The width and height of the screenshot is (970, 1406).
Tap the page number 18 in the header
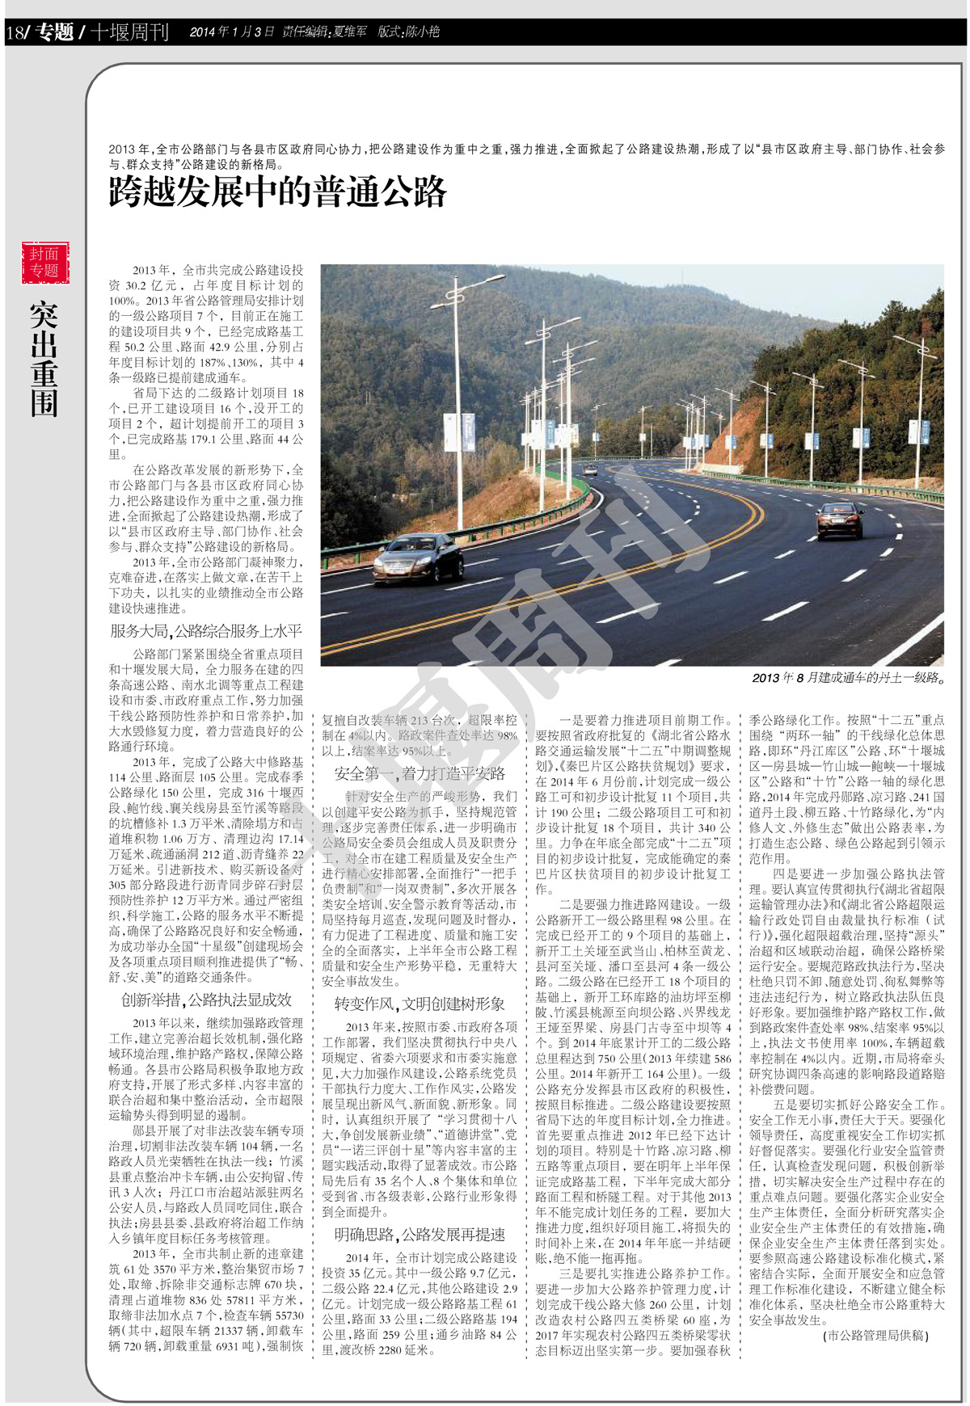click(15, 33)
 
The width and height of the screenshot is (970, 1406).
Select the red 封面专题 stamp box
click(44, 263)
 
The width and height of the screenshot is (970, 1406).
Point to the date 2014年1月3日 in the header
click(232, 32)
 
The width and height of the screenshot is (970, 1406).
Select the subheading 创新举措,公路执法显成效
click(206, 1000)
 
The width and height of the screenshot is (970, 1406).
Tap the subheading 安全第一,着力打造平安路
click(420, 773)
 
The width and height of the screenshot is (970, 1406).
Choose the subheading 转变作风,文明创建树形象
click(420, 1004)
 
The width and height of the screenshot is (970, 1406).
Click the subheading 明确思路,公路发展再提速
click(420, 1234)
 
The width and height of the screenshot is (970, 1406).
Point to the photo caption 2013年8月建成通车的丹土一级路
click(848, 678)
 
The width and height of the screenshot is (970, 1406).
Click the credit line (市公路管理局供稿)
click(875, 1336)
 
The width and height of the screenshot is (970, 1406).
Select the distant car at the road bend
click(591, 470)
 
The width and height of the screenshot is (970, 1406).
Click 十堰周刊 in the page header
click(129, 32)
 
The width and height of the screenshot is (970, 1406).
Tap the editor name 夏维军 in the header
click(348, 32)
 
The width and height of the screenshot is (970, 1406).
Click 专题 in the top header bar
click(54, 32)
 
